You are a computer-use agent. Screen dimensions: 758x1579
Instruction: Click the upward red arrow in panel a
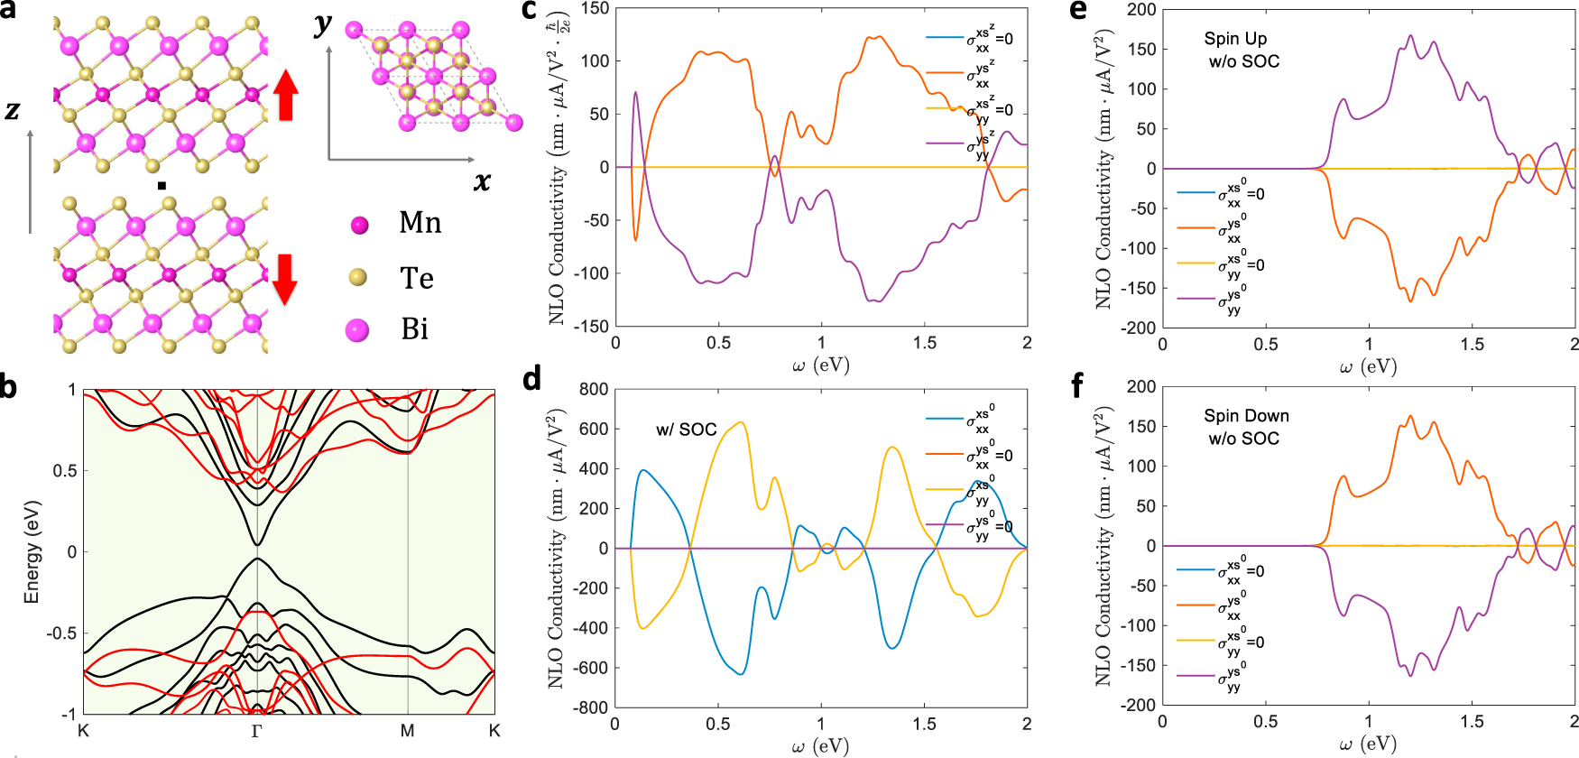286,96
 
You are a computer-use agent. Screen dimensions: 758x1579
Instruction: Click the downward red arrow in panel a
285,278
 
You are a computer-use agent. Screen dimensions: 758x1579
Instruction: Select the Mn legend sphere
360,226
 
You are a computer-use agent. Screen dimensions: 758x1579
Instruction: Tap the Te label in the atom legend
417,278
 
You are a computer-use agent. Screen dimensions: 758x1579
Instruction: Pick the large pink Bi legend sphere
357,330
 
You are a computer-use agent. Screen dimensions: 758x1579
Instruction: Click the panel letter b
9,387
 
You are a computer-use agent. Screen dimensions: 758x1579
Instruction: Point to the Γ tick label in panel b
256,731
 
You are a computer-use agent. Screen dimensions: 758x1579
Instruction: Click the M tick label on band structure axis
408,731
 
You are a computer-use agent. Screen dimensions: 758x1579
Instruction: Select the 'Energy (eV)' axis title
32,551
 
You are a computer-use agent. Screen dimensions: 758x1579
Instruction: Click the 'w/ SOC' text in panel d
686,430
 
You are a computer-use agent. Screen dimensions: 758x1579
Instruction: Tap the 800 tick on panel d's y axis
594,389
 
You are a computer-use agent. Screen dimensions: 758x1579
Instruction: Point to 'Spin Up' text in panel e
1235,39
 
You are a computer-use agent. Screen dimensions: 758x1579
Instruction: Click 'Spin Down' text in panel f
1246,416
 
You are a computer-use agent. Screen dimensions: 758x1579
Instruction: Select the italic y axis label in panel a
322,25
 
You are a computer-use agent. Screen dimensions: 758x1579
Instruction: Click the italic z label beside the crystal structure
12,111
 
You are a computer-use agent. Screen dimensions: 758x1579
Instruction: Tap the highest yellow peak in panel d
740,422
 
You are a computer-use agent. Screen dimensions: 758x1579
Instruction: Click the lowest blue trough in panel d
740,673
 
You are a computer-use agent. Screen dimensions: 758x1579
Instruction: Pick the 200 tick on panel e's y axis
1141,10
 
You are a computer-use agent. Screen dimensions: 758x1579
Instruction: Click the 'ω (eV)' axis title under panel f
1368,744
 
